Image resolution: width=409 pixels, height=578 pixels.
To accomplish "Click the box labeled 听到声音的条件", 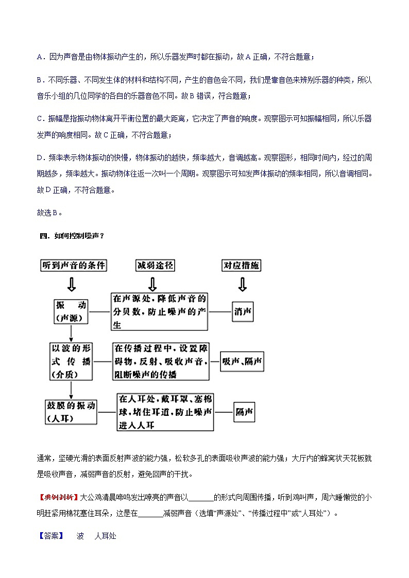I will tap(74, 266).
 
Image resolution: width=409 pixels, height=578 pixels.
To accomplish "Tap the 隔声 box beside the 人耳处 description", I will tap(244, 412).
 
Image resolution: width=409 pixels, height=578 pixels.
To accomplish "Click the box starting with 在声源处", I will tap(160, 311).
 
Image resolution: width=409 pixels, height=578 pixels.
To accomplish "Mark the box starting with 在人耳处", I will tap(165, 412).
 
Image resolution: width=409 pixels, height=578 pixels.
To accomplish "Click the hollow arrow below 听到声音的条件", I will tap(71, 284).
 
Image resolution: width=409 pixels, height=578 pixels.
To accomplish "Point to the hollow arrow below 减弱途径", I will tap(153, 284).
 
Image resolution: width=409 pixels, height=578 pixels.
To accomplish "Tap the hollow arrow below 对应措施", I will tap(242, 284).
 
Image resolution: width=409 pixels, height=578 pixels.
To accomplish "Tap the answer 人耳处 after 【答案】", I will tap(105, 536).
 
